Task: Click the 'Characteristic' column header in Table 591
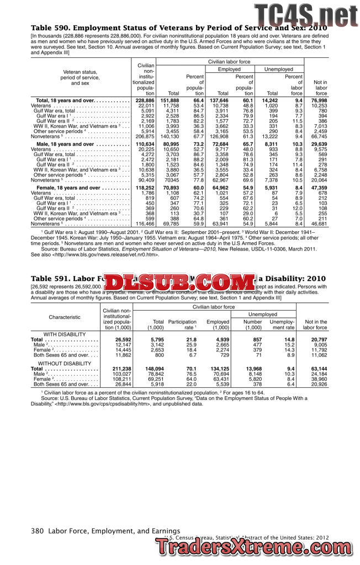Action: (65, 317)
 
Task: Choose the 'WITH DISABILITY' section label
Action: (65, 334)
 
